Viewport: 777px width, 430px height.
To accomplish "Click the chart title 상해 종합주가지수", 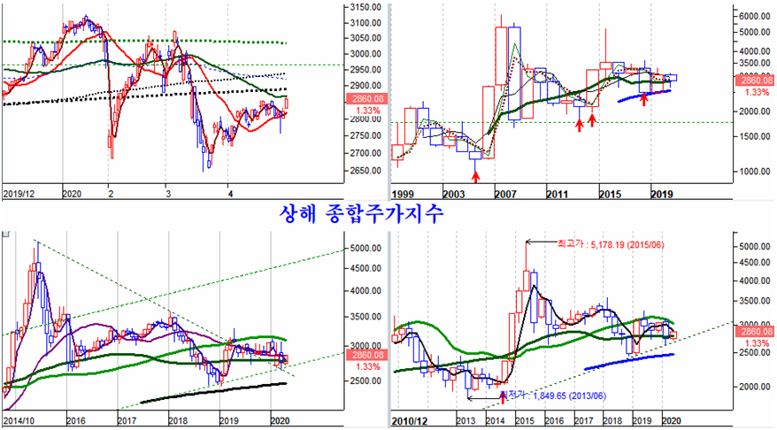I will (362, 212).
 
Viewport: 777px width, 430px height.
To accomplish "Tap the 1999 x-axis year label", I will (404, 192).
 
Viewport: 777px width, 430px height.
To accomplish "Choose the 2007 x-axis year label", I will (504, 192).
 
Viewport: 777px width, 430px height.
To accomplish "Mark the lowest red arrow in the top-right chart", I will (476, 177).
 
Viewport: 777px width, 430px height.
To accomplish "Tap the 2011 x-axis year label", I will (556, 192).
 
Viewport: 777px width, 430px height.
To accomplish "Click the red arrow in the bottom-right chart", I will (504, 395).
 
